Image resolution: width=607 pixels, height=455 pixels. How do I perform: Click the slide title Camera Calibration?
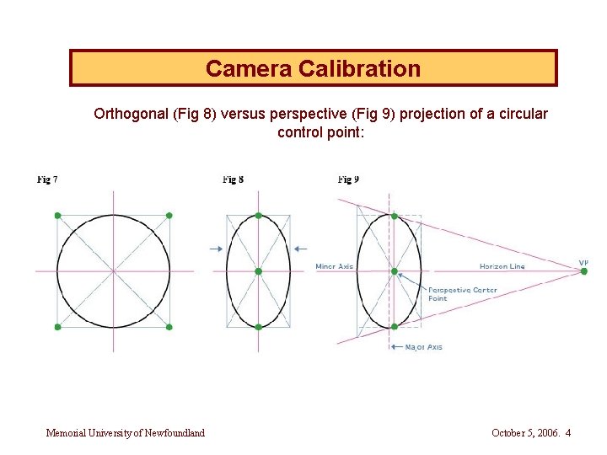coord(313,68)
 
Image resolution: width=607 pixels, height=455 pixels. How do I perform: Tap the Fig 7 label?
coord(48,179)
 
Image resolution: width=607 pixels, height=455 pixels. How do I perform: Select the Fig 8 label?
coord(234,179)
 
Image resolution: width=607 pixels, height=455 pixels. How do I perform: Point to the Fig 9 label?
coord(348,179)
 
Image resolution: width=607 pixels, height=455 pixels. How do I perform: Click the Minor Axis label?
coord(334,266)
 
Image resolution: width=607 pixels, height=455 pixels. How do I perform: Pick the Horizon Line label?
coord(502,266)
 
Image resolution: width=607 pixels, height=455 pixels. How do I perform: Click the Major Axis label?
coord(423,347)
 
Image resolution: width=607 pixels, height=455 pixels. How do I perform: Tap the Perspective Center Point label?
coord(462,294)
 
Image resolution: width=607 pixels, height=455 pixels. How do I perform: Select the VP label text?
coord(583,262)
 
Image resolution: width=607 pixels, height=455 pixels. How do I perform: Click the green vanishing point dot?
coord(584,271)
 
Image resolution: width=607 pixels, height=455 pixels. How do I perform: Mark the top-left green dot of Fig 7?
coord(57,216)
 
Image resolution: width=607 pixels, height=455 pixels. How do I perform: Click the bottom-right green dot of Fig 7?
coord(169,327)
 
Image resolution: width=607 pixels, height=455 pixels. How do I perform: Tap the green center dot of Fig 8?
coord(259,271)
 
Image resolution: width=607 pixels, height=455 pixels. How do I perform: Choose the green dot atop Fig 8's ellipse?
coord(259,216)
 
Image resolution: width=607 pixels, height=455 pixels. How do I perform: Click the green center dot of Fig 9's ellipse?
coord(394,271)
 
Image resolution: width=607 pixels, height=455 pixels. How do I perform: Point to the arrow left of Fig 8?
coord(216,248)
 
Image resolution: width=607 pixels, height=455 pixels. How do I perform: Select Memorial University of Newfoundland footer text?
coord(126,433)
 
